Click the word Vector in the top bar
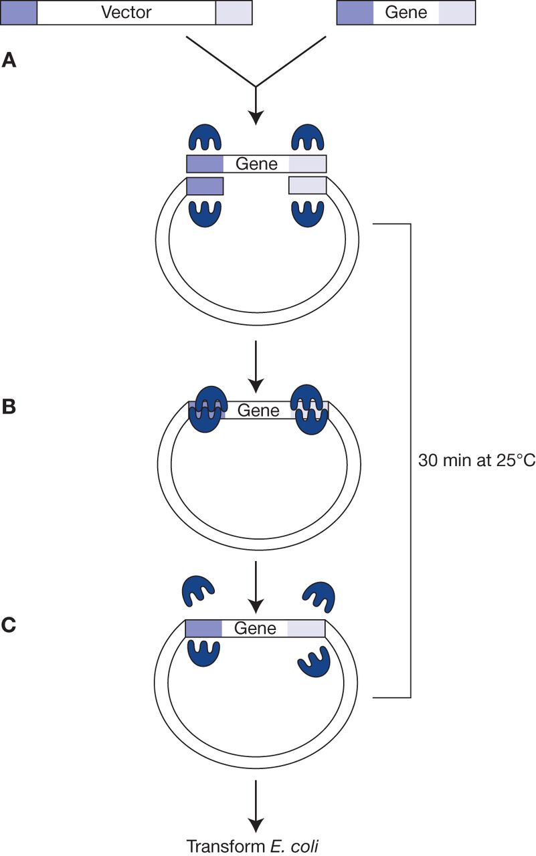click(x=126, y=12)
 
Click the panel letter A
click(x=9, y=61)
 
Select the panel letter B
click(x=9, y=407)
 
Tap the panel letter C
click(x=9, y=625)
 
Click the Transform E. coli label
click(x=254, y=845)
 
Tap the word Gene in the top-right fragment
click(x=406, y=12)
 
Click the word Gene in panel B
click(x=258, y=410)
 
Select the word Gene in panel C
click(x=255, y=629)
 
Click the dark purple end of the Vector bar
click(x=19, y=12)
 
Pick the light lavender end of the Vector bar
click(x=234, y=12)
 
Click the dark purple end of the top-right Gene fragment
click(x=355, y=12)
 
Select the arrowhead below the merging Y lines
click(x=255, y=116)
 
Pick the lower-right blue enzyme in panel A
click(x=308, y=213)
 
